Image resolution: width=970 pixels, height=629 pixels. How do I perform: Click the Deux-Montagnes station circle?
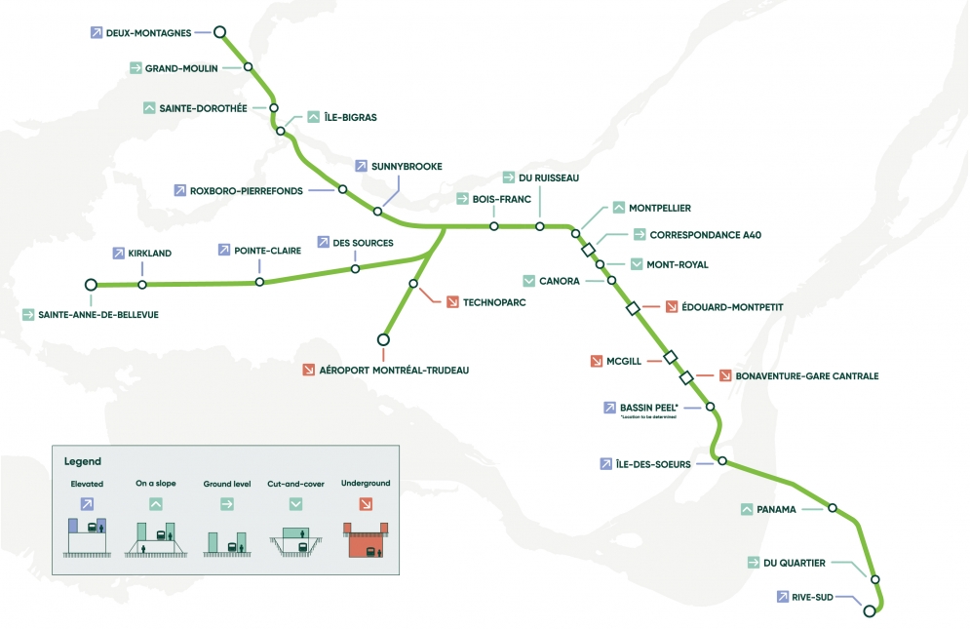click(x=220, y=31)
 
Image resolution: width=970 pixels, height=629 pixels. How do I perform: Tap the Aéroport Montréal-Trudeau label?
click(x=394, y=371)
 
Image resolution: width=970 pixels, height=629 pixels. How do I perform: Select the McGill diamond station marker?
click(x=671, y=358)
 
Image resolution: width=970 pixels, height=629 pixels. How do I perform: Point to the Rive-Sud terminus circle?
click(x=870, y=611)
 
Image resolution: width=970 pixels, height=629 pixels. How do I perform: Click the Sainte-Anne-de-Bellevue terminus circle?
click(x=91, y=285)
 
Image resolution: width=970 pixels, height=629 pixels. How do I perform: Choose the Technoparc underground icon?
click(x=452, y=302)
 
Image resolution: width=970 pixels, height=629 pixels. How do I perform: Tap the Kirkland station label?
click(x=149, y=253)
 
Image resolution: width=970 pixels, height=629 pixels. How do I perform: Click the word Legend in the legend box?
click(x=82, y=461)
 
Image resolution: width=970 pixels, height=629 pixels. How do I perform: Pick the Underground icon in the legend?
click(x=366, y=504)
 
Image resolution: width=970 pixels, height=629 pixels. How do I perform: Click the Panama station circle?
click(x=833, y=507)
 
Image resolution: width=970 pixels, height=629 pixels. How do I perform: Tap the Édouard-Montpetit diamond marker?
click(x=632, y=308)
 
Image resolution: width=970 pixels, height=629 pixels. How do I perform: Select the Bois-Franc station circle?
click(x=494, y=226)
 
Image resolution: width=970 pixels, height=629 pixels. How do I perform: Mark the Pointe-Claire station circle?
click(x=259, y=282)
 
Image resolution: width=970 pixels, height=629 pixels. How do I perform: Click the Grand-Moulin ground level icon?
click(x=136, y=68)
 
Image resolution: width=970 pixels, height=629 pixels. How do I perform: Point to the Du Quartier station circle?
click(x=874, y=579)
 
